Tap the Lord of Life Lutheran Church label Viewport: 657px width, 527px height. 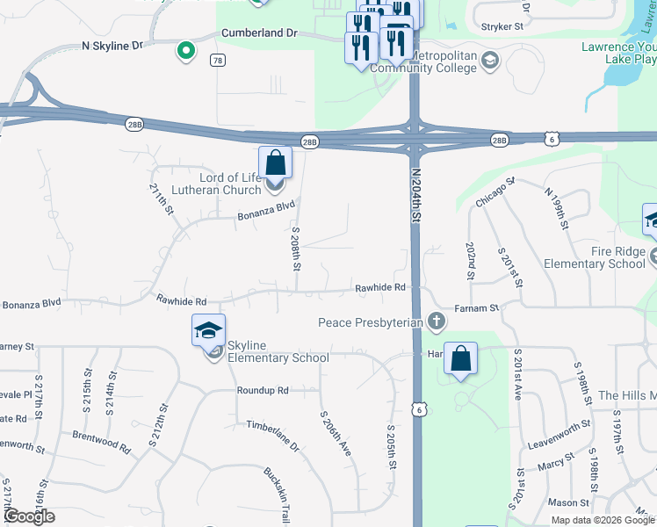tap(217, 184)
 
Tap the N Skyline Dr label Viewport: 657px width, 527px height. tap(112, 45)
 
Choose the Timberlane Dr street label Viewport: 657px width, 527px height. tap(272, 436)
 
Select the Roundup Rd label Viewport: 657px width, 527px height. tap(262, 390)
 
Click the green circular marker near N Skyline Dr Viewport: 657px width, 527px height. tap(185, 52)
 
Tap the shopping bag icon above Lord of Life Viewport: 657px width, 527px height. tap(275, 162)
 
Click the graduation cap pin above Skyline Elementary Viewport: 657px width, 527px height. tap(209, 330)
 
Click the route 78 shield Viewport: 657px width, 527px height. tap(217, 60)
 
